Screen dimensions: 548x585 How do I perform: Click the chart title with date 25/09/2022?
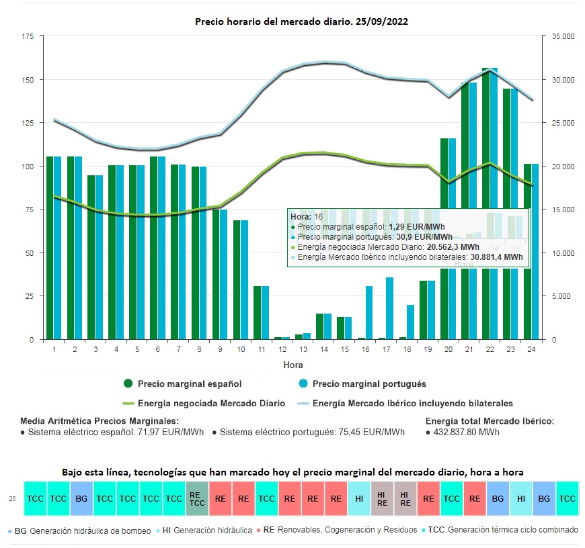tap(301, 21)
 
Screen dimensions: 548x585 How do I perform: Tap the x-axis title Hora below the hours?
tap(292, 365)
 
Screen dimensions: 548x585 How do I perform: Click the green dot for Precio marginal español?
tap(128, 384)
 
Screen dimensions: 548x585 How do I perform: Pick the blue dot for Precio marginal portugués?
tap(304, 384)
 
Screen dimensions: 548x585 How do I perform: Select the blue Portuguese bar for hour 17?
tap(389, 308)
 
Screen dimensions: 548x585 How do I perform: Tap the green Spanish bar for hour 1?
tap(50, 248)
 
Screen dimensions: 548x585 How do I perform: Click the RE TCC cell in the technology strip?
tap(197, 498)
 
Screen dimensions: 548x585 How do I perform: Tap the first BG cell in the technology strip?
tap(81, 498)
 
